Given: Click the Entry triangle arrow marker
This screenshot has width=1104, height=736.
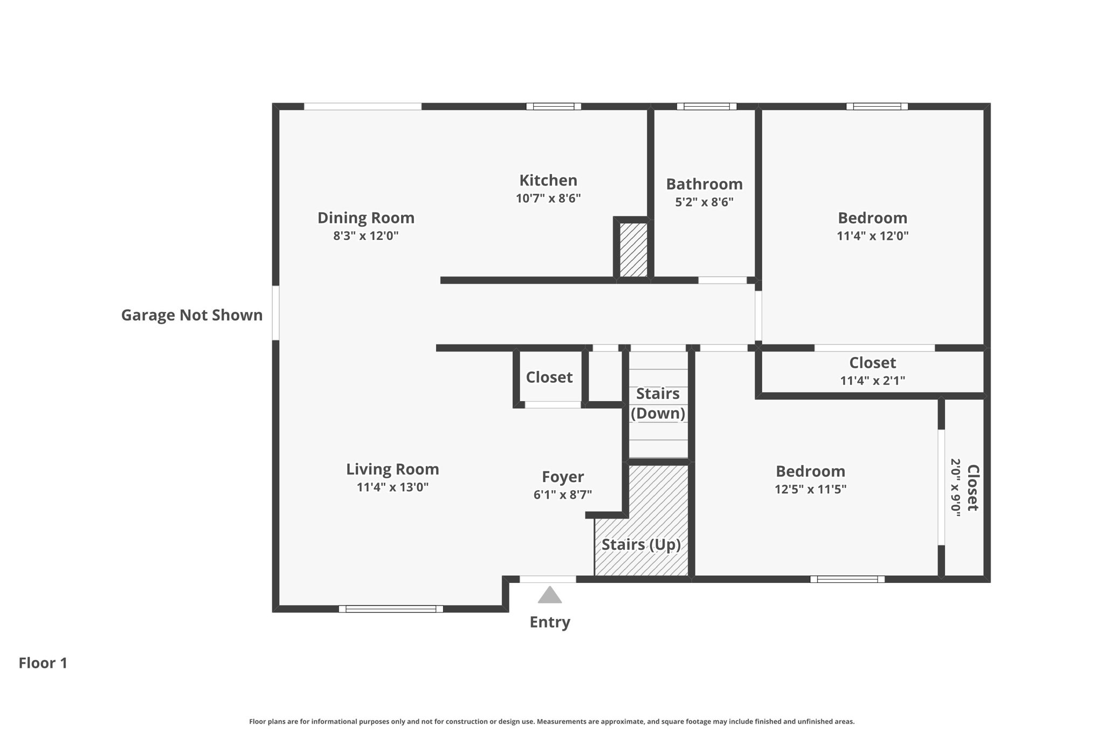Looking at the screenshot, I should [549, 595].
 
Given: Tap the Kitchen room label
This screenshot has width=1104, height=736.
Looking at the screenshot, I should [548, 180].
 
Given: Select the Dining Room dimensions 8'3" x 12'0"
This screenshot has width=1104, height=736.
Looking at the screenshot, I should [365, 236].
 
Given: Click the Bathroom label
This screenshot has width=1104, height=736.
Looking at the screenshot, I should [704, 184].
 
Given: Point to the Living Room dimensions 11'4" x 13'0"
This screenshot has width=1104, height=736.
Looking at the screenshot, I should [392, 487].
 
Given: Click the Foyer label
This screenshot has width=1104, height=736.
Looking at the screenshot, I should [562, 477].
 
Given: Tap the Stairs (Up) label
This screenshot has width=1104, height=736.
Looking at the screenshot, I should [641, 545].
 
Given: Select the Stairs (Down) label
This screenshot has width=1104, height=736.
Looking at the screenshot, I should [658, 403].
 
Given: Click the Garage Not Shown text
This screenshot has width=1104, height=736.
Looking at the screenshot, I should [191, 315].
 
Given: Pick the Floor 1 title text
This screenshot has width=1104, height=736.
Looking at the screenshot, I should [43, 663].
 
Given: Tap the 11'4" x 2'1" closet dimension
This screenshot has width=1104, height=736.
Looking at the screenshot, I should [872, 381].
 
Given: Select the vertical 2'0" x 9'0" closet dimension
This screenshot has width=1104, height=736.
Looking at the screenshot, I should [956, 487].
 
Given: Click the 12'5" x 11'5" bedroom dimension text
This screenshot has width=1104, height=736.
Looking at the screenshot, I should [810, 489].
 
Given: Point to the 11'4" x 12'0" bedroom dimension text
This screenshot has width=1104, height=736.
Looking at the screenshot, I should [872, 236].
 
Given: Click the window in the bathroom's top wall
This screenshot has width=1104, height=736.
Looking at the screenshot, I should [706, 106].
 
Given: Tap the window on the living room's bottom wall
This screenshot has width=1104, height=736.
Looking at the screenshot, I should [391, 609].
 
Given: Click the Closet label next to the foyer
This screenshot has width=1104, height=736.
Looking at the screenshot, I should [549, 377].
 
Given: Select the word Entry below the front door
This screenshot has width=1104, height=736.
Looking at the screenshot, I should [549, 622].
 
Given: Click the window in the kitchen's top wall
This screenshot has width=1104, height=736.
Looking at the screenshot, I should [554, 106].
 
